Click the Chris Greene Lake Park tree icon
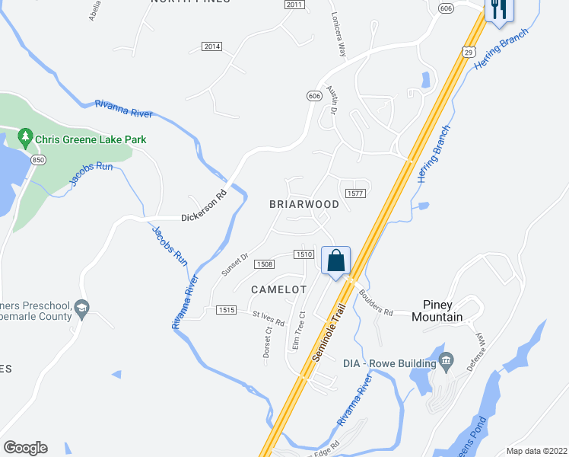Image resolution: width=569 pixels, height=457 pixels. (25, 139)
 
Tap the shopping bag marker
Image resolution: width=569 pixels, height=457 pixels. (335, 261)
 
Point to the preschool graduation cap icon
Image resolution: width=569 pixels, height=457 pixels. (82, 308)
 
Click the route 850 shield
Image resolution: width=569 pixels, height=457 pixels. (38, 160)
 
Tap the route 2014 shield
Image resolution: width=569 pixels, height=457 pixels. (212, 46)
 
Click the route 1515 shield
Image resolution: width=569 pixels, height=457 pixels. (225, 309)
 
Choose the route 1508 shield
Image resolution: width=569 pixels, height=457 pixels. (264, 264)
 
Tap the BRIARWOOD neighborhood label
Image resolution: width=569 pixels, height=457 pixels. (304, 205)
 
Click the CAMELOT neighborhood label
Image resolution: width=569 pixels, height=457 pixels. (278, 289)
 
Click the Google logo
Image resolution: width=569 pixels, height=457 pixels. (25, 448)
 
